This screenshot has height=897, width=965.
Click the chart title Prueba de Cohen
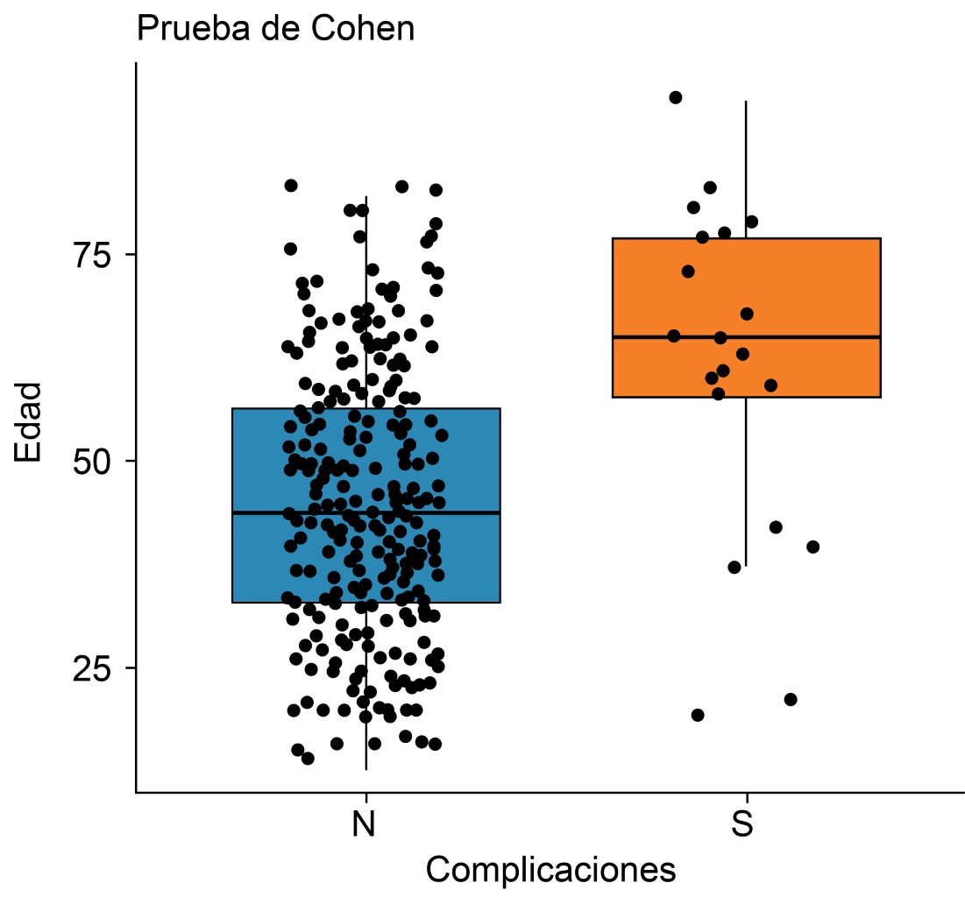coord(275,29)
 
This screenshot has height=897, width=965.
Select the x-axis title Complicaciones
coord(550,870)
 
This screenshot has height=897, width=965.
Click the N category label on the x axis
coord(365,825)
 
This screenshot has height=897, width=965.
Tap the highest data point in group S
coord(676,97)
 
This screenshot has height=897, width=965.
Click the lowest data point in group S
coord(698,715)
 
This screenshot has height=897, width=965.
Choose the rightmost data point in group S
coord(812,547)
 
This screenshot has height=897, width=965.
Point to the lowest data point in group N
coord(308,759)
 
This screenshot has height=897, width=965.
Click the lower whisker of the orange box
coord(746,491)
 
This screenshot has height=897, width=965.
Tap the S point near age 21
coord(791,699)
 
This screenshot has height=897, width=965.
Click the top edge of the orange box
coord(815,238)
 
